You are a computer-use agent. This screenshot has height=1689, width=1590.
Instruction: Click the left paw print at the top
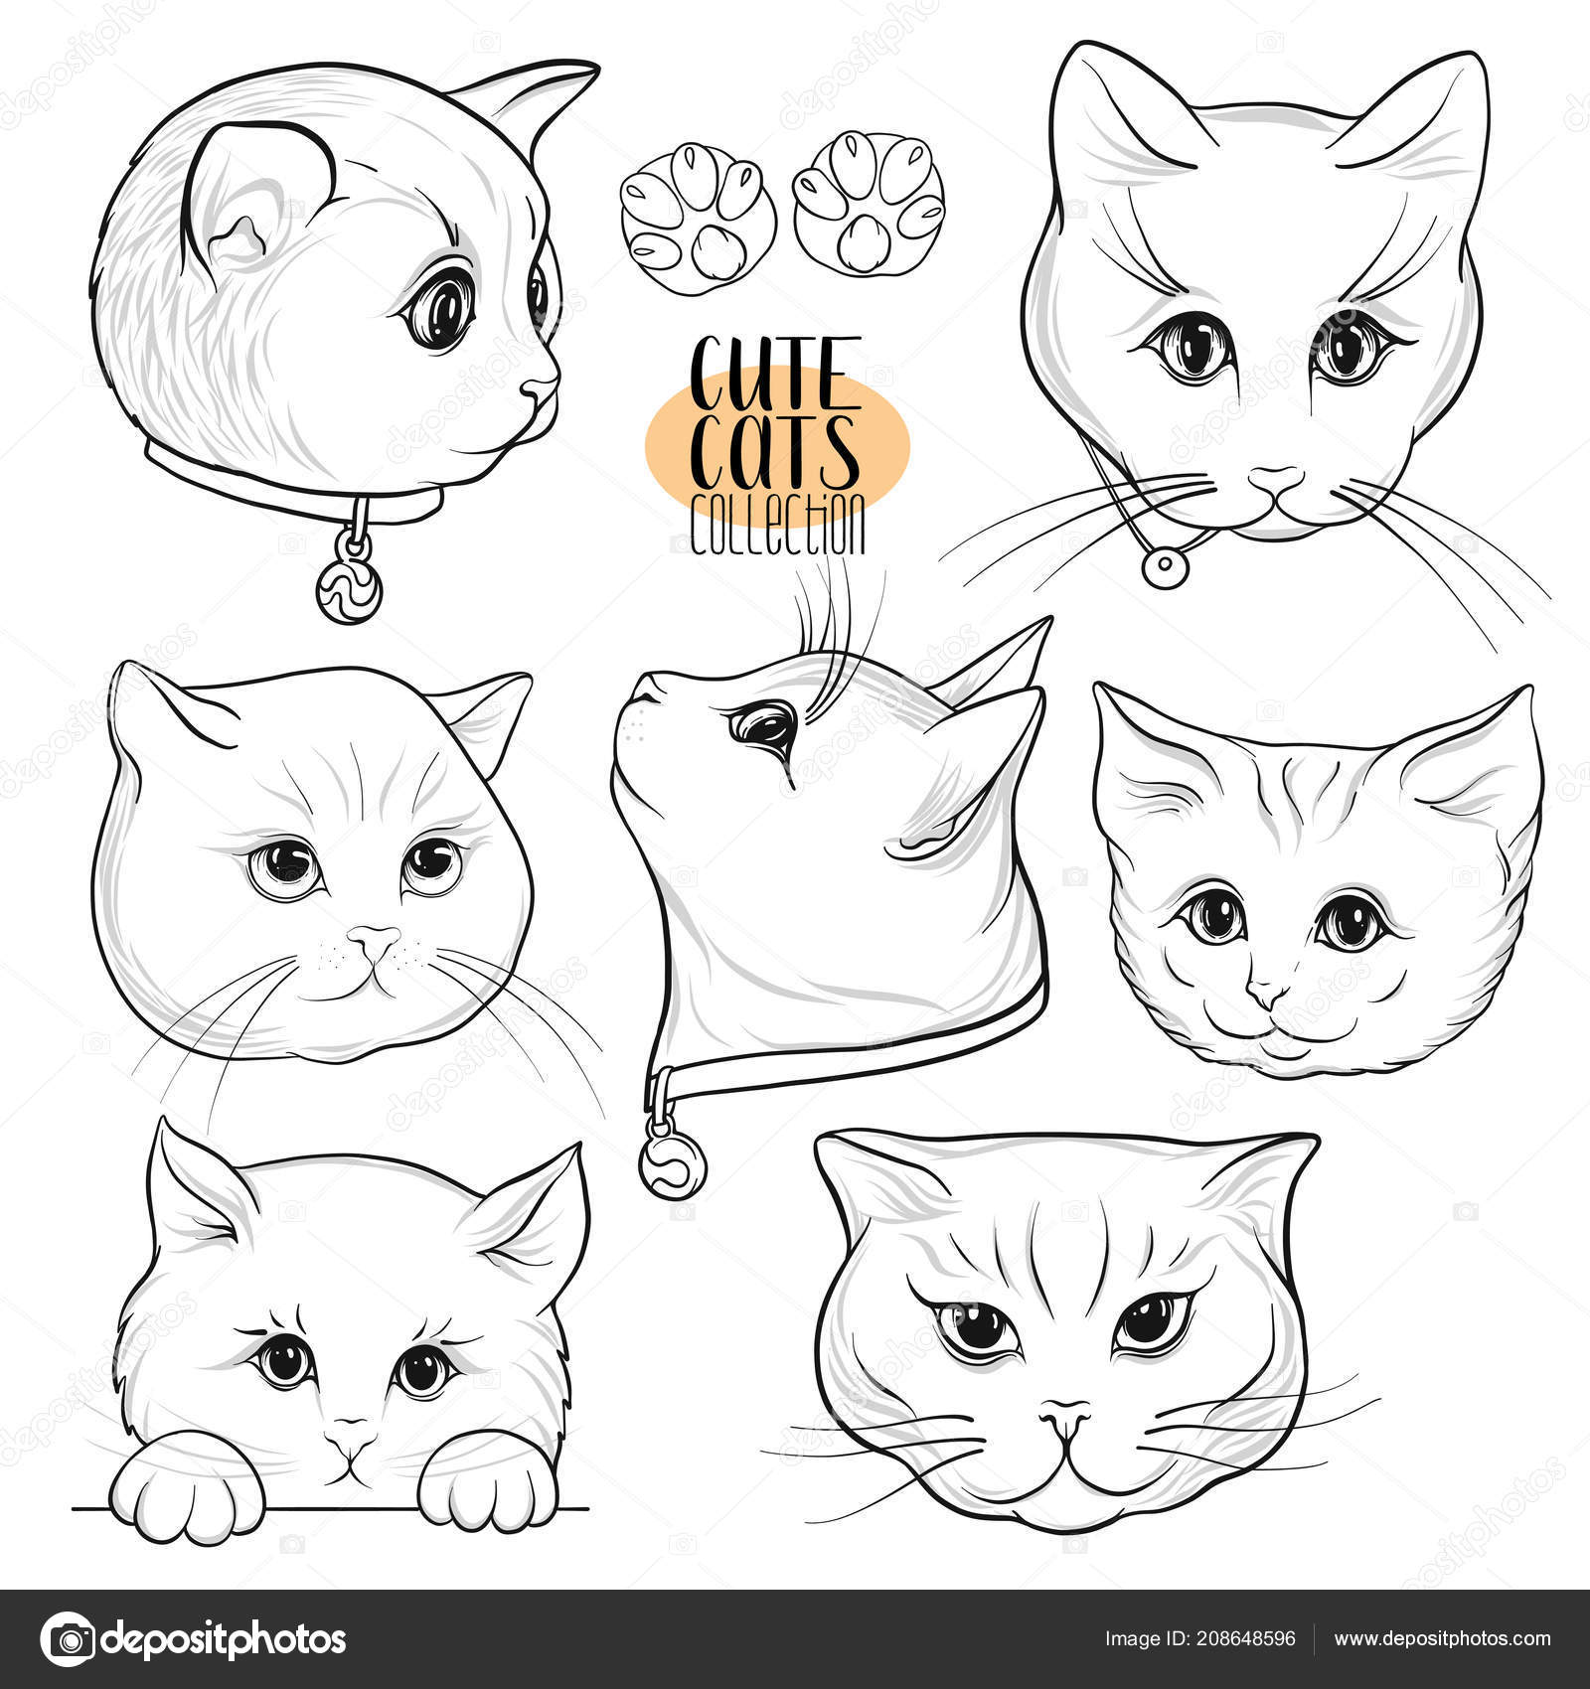pos(697,212)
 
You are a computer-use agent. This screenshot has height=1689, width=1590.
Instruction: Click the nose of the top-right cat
pos(1275,481)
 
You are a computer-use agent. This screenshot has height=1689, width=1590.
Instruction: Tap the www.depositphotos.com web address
pos(1442,1639)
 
